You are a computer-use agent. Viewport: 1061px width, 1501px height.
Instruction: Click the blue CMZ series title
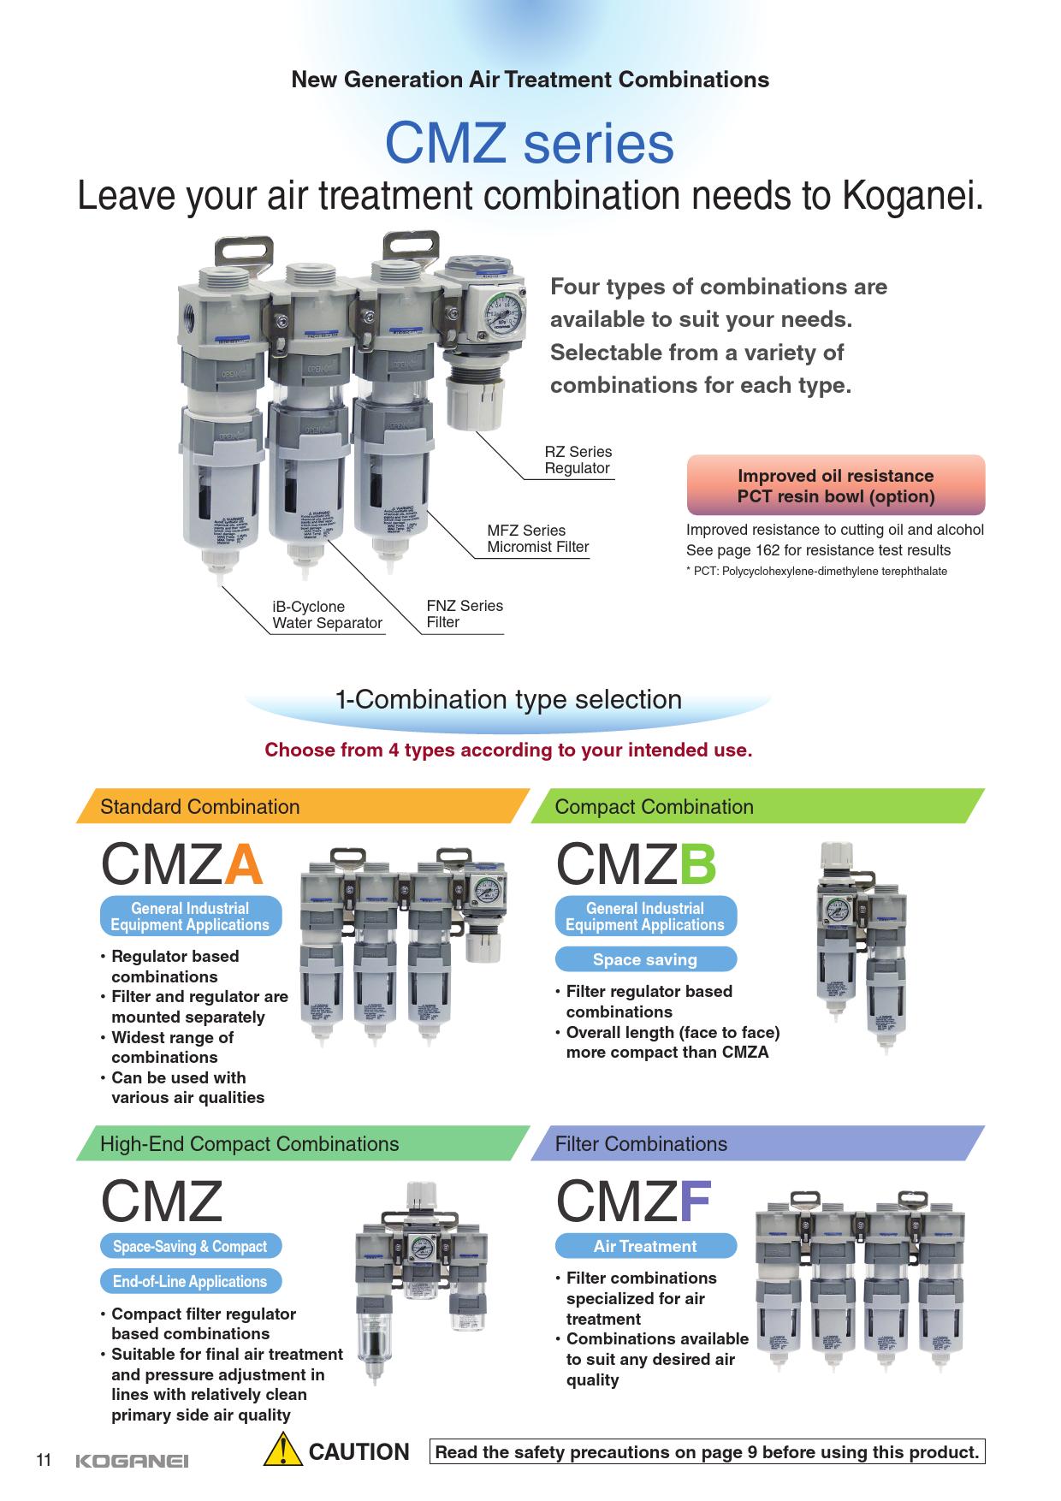530,144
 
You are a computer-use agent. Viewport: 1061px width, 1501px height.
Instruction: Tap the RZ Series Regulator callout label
578,460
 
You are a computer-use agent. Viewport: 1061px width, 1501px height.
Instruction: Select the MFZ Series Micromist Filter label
538,538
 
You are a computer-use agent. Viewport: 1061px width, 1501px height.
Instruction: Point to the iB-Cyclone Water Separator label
327,614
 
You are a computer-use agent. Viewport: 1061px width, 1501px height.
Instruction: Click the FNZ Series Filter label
465,614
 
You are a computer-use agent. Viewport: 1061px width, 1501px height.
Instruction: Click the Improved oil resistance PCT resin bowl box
836,486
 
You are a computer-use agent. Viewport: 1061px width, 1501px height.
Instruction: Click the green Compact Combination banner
757,806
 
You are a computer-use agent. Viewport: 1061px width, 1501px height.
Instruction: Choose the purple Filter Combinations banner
757,1143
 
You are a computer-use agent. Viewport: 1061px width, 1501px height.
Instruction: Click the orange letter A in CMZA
242,865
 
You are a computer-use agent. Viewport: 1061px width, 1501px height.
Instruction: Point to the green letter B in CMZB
697,865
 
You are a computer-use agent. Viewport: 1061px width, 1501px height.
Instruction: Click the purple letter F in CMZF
695,1201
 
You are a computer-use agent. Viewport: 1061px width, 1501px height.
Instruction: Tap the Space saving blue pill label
645,959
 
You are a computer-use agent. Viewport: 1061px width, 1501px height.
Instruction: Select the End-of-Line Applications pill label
190,1281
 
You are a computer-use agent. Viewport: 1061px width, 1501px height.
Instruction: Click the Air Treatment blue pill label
645,1246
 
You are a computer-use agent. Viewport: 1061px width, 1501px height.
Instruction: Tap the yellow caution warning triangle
282,1451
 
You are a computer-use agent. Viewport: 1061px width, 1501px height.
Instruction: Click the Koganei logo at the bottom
132,1461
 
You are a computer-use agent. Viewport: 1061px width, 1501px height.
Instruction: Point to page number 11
44,1460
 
